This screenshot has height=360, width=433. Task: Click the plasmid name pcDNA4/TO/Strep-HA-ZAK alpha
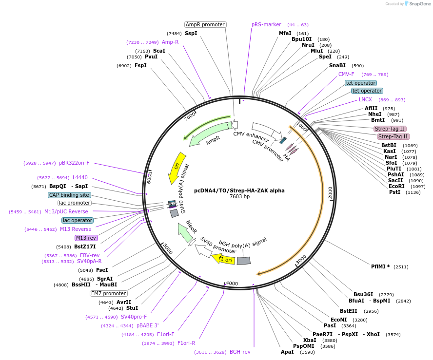pyautogui.click(x=239, y=190)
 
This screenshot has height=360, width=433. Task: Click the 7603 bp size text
pyautogui.click(x=239, y=197)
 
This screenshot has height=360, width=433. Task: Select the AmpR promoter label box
pyautogui.click(x=205, y=24)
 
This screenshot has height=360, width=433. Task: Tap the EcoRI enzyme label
pyautogui.click(x=396, y=187)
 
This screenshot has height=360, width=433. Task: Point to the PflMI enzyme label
pyautogui.click(x=380, y=266)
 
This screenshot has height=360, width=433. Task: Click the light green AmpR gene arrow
pyautogui.click(x=210, y=135)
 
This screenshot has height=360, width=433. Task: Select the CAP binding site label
pyautogui.click(x=69, y=195)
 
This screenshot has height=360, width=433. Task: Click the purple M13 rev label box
pyautogui.click(x=86, y=238)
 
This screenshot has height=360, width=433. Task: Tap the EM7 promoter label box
pyautogui.click(x=108, y=293)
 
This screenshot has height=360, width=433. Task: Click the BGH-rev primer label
pyautogui.click(x=239, y=352)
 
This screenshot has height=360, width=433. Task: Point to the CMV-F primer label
pyautogui.click(x=346, y=74)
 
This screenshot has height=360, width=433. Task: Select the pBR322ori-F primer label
pyautogui.click(x=74, y=163)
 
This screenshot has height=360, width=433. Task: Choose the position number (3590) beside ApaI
pyautogui.click(x=307, y=352)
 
